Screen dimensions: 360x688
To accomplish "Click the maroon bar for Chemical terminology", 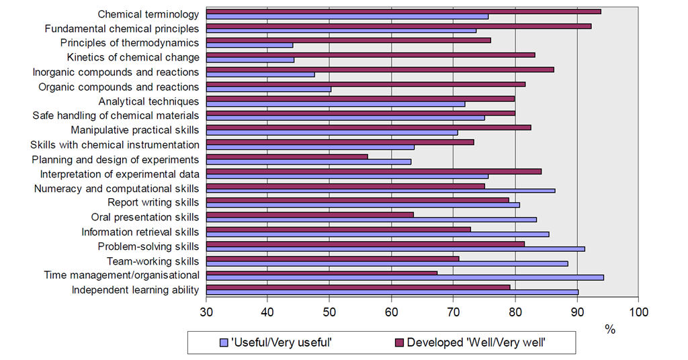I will (403, 11).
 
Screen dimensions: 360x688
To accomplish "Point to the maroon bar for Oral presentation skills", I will (310, 215).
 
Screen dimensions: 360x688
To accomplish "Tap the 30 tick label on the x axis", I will (206, 312).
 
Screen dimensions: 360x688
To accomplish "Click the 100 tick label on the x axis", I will (638, 312).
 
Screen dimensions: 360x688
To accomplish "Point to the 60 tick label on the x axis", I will (392, 312).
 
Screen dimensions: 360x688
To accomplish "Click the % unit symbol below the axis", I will (610, 329).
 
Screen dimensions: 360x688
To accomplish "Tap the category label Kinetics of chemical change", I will (133, 58).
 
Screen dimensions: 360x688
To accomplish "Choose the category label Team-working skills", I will (153, 261).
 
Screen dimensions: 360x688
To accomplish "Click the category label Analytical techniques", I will (148, 101).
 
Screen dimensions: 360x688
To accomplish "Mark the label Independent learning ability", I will (135, 290).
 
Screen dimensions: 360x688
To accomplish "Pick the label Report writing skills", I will (153, 203).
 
